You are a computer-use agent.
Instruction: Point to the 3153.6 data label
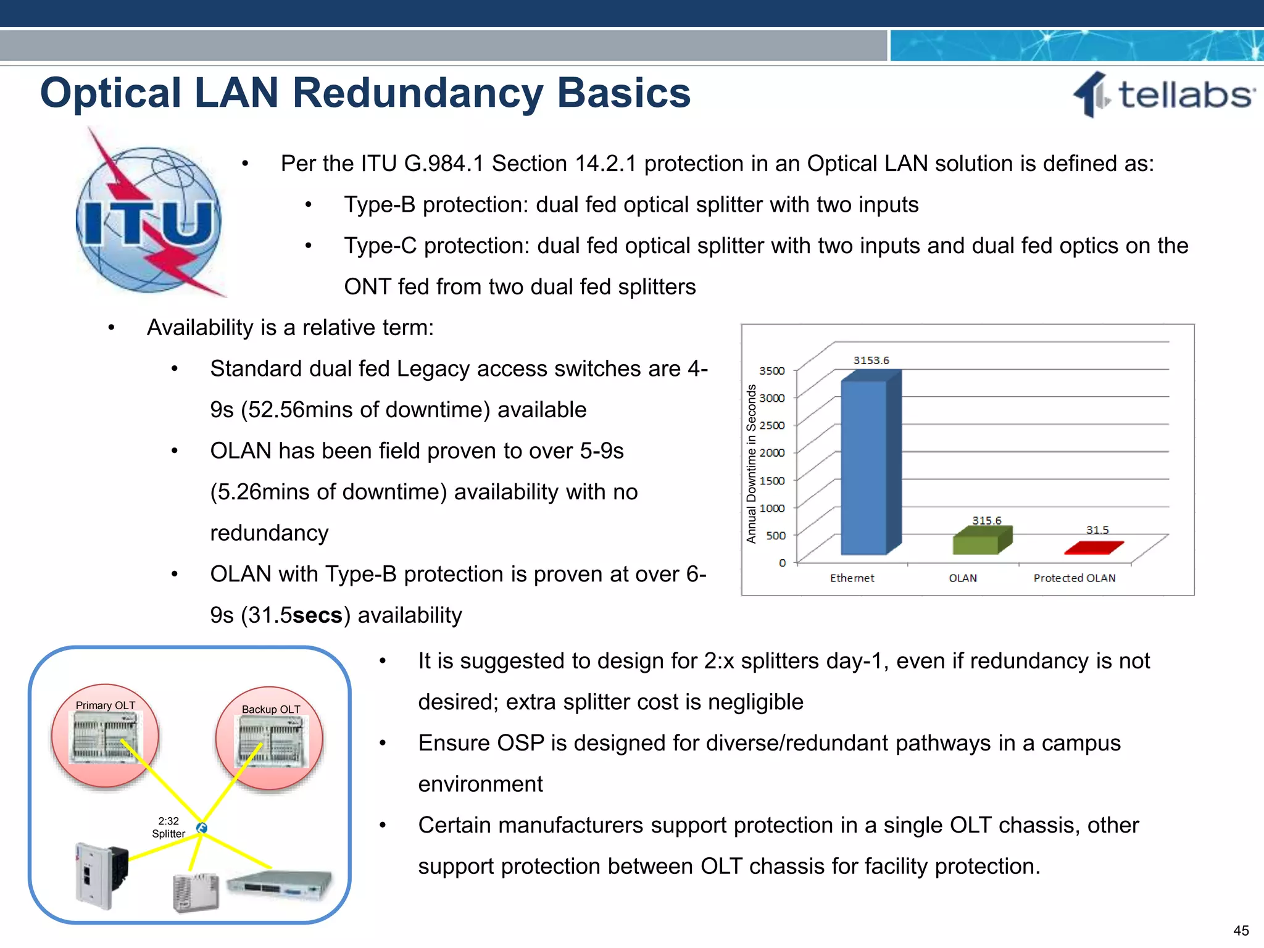[871, 360]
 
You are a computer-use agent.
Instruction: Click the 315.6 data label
[986, 520]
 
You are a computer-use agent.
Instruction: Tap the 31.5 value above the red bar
[1097, 530]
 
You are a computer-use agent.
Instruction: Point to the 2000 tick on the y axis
[772, 452]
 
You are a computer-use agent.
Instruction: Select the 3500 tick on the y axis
[772, 371]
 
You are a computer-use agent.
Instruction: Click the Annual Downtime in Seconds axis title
[751, 464]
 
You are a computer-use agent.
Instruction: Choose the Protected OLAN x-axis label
[1074, 578]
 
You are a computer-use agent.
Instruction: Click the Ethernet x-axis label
[852, 578]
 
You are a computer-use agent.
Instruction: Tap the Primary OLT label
[106, 705]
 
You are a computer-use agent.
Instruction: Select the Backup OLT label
[271, 710]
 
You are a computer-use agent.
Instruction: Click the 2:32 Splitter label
[168, 828]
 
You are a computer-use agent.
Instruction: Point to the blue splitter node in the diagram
[202, 828]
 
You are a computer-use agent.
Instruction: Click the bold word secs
[317, 615]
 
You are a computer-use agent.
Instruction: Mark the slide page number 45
[1241, 931]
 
